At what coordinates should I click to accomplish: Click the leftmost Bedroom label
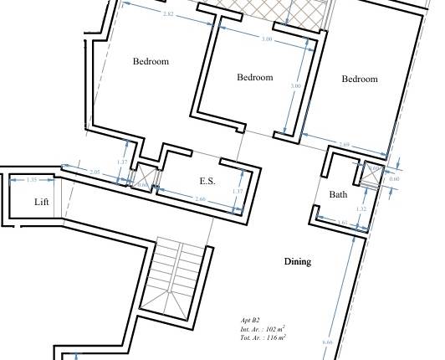click(151, 61)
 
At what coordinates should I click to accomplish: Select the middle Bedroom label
click(255, 78)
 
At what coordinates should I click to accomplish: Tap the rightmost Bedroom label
click(360, 79)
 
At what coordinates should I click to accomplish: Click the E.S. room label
click(207, 181)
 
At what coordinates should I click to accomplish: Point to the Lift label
click(42, 203)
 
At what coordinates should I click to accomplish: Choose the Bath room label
click(338, 195)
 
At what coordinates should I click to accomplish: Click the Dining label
click(297, 261)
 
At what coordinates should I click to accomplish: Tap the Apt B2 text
click(250, 321)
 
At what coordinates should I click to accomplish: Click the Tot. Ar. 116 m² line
click(263, 337)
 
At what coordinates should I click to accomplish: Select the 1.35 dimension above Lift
click(33, 180)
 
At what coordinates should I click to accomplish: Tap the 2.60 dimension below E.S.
click(200, 198)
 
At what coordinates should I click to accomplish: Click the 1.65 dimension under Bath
click(341, 223)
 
